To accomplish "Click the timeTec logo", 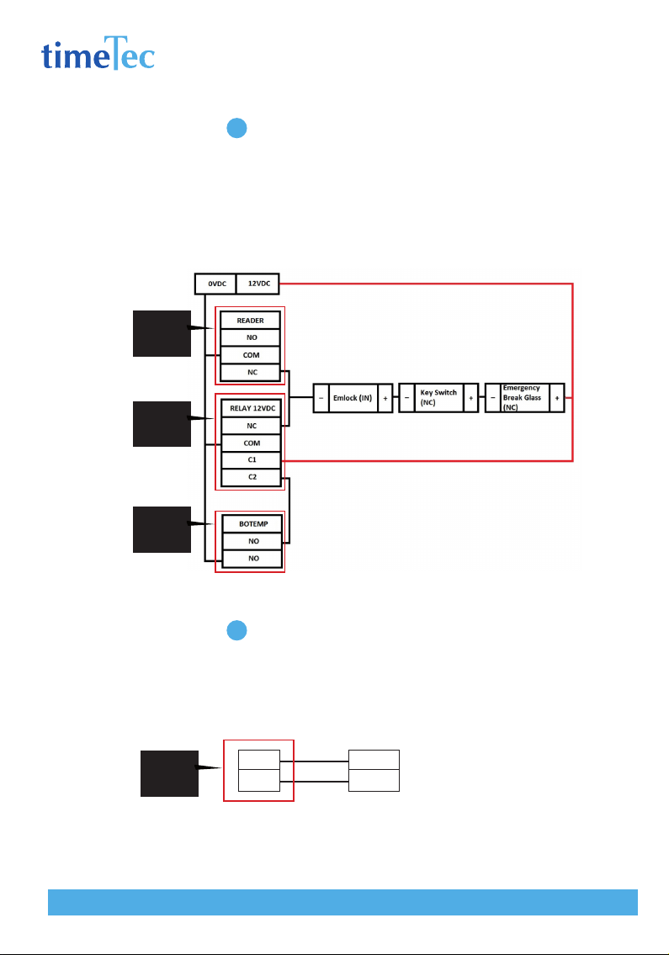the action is pos(98,54).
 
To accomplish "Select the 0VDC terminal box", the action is pos(216,284).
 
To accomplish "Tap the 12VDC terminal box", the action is pos(258,284).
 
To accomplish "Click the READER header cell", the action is pos(251,321).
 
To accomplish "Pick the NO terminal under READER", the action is pos(251,337).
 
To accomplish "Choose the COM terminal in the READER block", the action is pos(251,355).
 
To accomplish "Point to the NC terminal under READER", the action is pos(251,372).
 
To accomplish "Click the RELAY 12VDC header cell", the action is pos(252,408).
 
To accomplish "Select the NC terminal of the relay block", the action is pos(252,426).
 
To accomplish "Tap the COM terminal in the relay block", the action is pos(252,443).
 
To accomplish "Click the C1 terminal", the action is pos(252,460).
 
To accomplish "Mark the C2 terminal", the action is pos(252,477).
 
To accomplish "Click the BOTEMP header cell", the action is pos(252,524).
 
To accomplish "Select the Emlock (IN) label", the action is pos(353,398).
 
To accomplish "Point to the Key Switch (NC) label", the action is pos(438,398).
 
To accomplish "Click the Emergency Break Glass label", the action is pos(523,398).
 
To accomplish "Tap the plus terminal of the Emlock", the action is pos(385,398).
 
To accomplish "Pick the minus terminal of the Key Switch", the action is pos(407,398).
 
